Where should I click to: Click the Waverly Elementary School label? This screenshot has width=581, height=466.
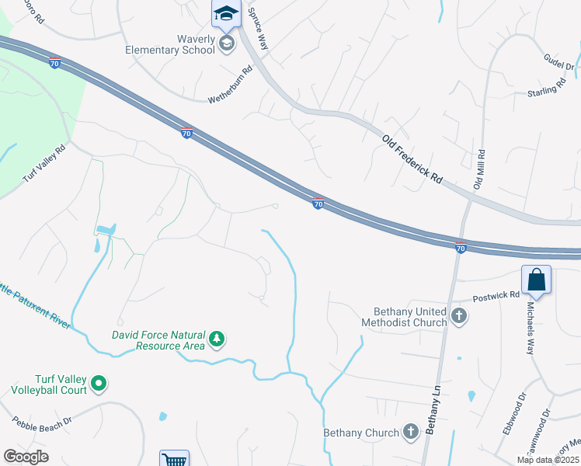tap(170, 44)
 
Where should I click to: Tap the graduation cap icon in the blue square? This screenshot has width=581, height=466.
tap(226, 13)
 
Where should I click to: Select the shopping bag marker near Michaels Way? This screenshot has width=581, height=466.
tap(537, 280)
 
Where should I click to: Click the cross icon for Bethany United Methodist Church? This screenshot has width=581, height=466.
tap(459, 316)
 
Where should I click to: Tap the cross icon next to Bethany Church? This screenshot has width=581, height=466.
tap(411, 432)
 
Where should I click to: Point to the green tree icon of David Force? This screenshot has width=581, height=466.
tap(218, 339)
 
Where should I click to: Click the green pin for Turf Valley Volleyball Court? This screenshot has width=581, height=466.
tap(99, 382)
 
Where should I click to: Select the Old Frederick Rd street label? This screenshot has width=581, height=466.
tap(412, 158)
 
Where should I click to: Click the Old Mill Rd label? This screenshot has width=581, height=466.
tap(479, 169)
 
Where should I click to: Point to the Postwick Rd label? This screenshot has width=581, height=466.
tap(498, 295)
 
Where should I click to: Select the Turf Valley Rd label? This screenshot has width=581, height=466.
tap(44, 162)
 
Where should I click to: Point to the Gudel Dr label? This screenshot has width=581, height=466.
tap(558, 61)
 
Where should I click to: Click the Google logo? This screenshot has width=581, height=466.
tap(26, 457)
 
